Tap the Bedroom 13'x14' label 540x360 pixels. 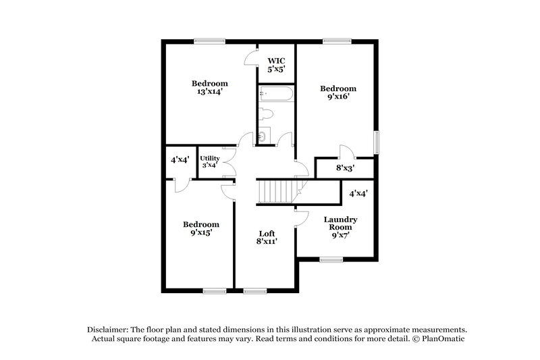click(208, 87)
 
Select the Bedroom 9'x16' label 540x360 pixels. click(337, 93)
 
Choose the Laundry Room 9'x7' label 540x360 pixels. click(340, 228)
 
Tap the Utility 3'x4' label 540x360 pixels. click(209, 161)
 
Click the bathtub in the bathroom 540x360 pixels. click(276, 94)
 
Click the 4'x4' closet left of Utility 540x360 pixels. click(180, 161)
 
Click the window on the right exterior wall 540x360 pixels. click(377, 143)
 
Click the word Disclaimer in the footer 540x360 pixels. click(111, 329)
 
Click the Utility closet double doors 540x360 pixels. click(231, 162)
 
